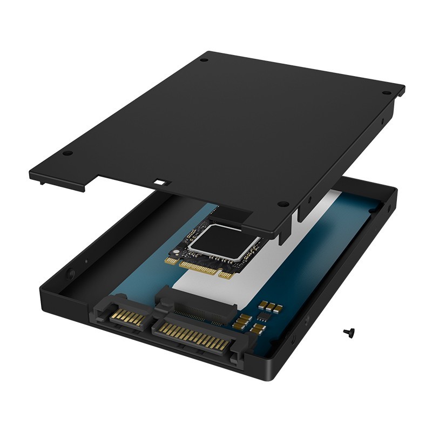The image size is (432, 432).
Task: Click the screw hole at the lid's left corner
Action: pyautogui.click(x=67, y=153)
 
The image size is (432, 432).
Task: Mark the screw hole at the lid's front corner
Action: pyautogui.click(x=283, y=204)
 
